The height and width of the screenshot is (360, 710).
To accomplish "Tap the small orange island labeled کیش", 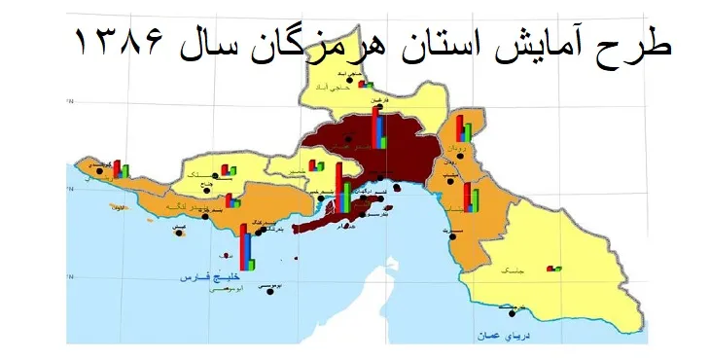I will coord(178,231).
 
